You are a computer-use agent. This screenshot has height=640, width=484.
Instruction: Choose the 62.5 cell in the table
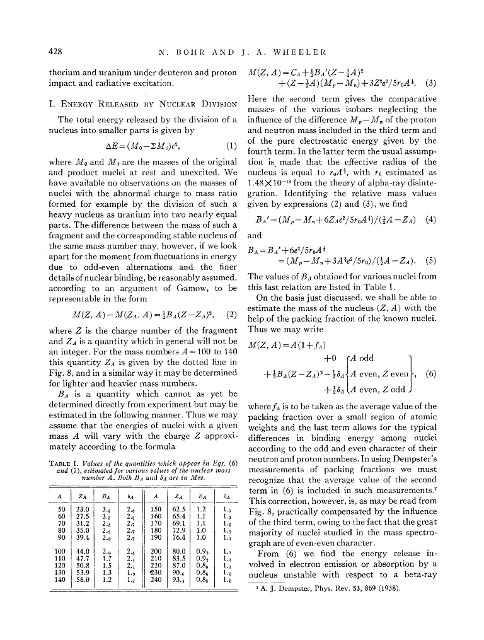pos(178,508)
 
